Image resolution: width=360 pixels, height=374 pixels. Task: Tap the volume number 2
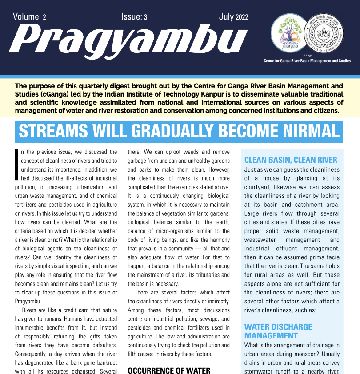(x=44, y=17)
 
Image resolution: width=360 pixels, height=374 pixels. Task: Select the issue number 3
(x=145, y=17)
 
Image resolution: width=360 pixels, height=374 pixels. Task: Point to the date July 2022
(x=233, y=17)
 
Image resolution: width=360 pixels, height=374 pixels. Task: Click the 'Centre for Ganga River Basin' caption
(x=307, y=61)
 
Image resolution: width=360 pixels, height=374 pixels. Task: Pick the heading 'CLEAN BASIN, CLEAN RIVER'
(x=291, y=160)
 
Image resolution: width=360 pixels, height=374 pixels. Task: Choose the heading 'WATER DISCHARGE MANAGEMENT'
(x=278, y=331)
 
